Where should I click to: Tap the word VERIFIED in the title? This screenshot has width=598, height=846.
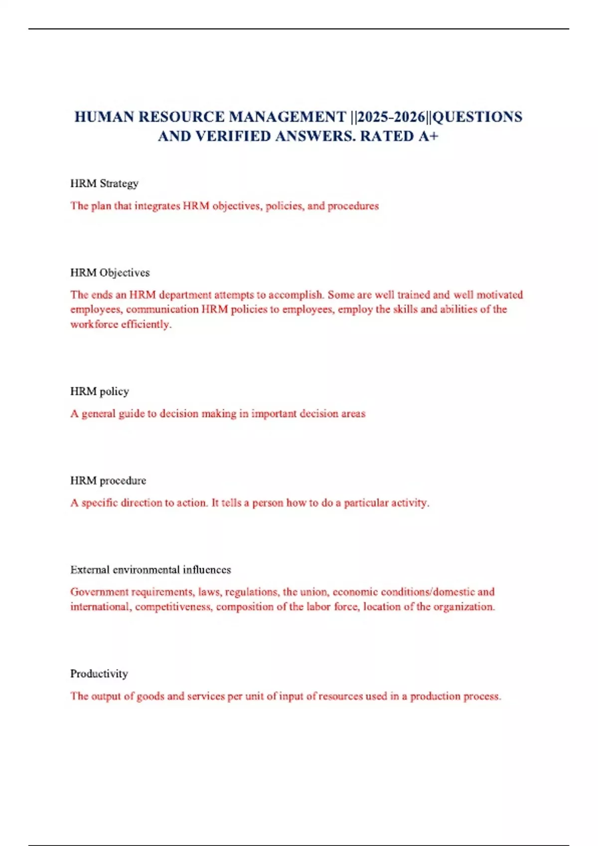[x=233, y=136]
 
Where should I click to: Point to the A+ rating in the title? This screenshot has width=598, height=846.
[x=428, y=136]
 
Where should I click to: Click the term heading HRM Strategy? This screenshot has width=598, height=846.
[x=104, y=184]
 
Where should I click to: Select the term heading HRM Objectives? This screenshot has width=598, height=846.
[x=110, y=273]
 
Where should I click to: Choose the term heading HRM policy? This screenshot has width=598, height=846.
[x=99, y=392]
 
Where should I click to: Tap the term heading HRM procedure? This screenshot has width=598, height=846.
[x=108, y=481]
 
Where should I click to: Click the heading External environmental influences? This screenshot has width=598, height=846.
[x=150, y=570]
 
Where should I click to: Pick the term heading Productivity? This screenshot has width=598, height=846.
[x=99, y=674]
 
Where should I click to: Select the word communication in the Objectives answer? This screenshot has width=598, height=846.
[x=162, y=310]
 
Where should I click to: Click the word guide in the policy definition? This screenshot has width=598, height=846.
[x=132, y=414]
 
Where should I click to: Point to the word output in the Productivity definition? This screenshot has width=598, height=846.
[x=106, y=696]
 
